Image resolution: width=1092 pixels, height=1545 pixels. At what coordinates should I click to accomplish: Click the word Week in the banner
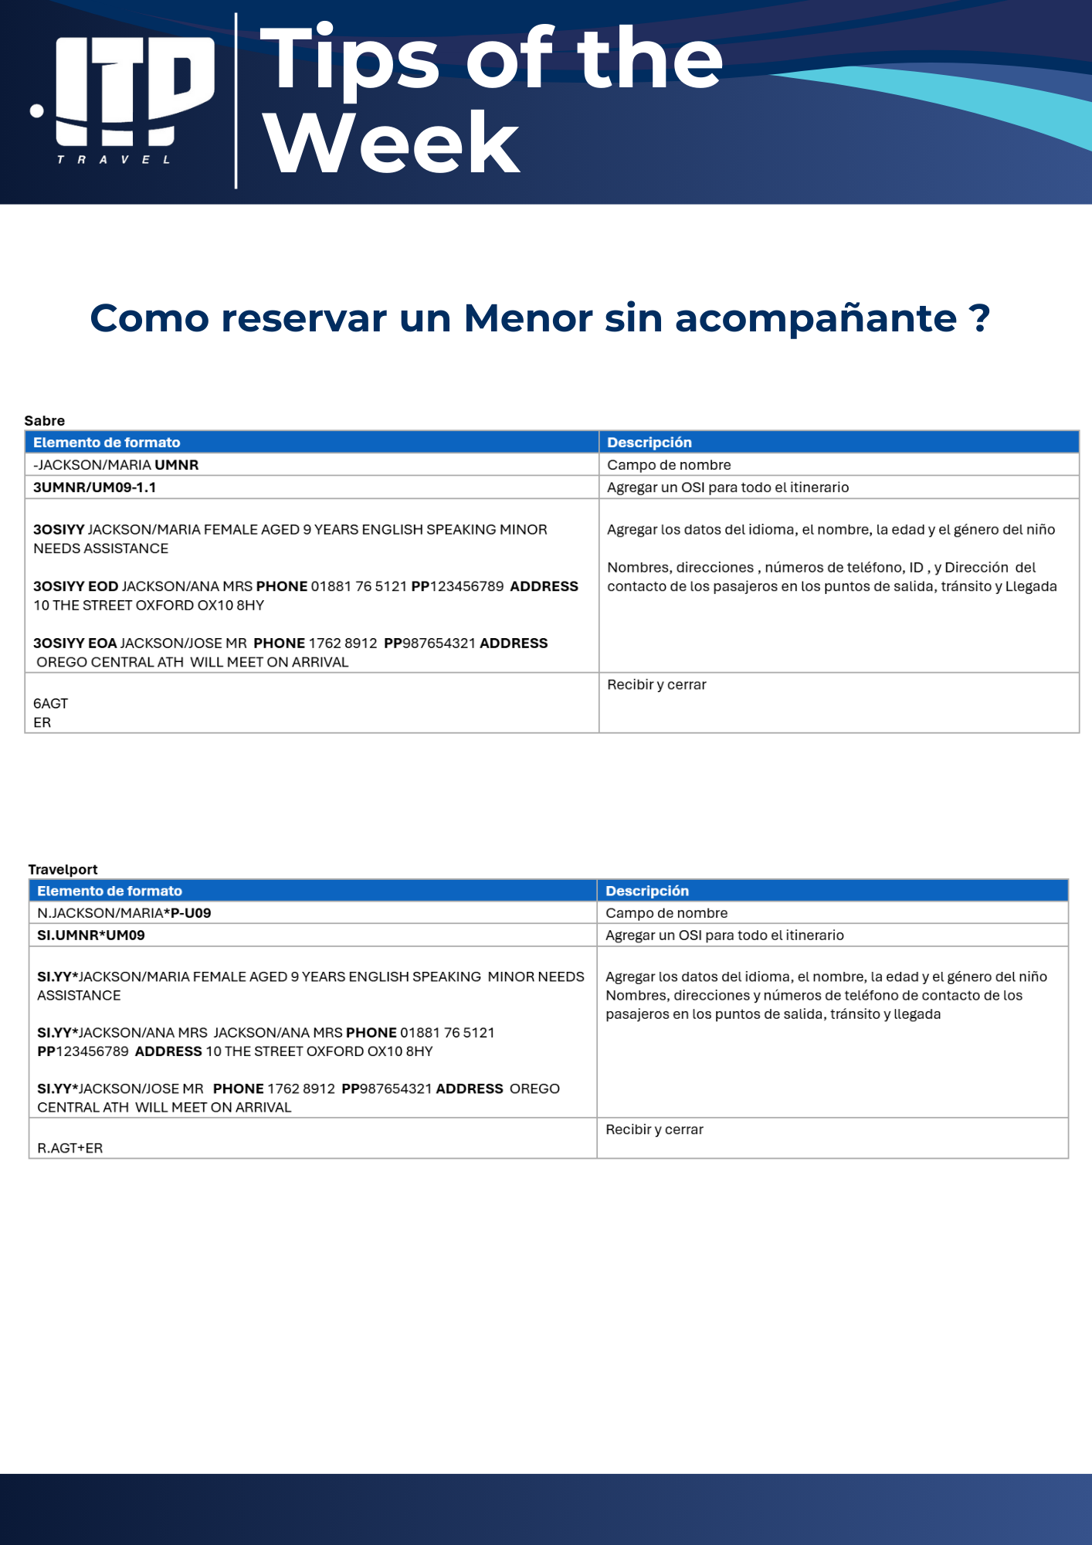coord(391,144)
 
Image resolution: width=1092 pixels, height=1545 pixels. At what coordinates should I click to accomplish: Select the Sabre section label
coord(45,420)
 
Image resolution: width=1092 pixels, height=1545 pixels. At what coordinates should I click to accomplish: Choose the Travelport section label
coord(63,869)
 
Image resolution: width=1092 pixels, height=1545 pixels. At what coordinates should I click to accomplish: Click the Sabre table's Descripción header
coord(649,442)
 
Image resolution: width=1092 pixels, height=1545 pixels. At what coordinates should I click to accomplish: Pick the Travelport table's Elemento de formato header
coord(110,891)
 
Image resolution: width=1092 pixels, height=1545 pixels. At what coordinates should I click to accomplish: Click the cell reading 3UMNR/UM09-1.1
coord(95,487)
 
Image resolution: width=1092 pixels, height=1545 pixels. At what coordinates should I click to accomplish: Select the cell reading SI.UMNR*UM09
coord(91,935)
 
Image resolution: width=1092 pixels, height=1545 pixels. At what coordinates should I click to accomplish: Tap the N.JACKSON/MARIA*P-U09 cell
coord(124,912)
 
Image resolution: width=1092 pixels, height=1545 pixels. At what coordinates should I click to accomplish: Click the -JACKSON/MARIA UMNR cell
coord(116,465)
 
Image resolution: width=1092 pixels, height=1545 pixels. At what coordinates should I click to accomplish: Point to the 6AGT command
coord(51,703)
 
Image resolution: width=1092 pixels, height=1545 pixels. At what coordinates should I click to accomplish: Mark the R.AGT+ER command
coord(70,1148)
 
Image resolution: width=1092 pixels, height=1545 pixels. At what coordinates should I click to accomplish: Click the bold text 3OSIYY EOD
coord(76,586)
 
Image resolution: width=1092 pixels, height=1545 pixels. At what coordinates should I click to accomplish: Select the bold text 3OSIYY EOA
coord(75,643)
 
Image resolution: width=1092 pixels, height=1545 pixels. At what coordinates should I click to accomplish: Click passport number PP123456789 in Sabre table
coord(457,586)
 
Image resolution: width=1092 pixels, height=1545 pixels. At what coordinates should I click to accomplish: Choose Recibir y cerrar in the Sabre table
coord(656,684)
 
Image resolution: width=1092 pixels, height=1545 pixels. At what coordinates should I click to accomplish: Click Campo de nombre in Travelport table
coord(666,912)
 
